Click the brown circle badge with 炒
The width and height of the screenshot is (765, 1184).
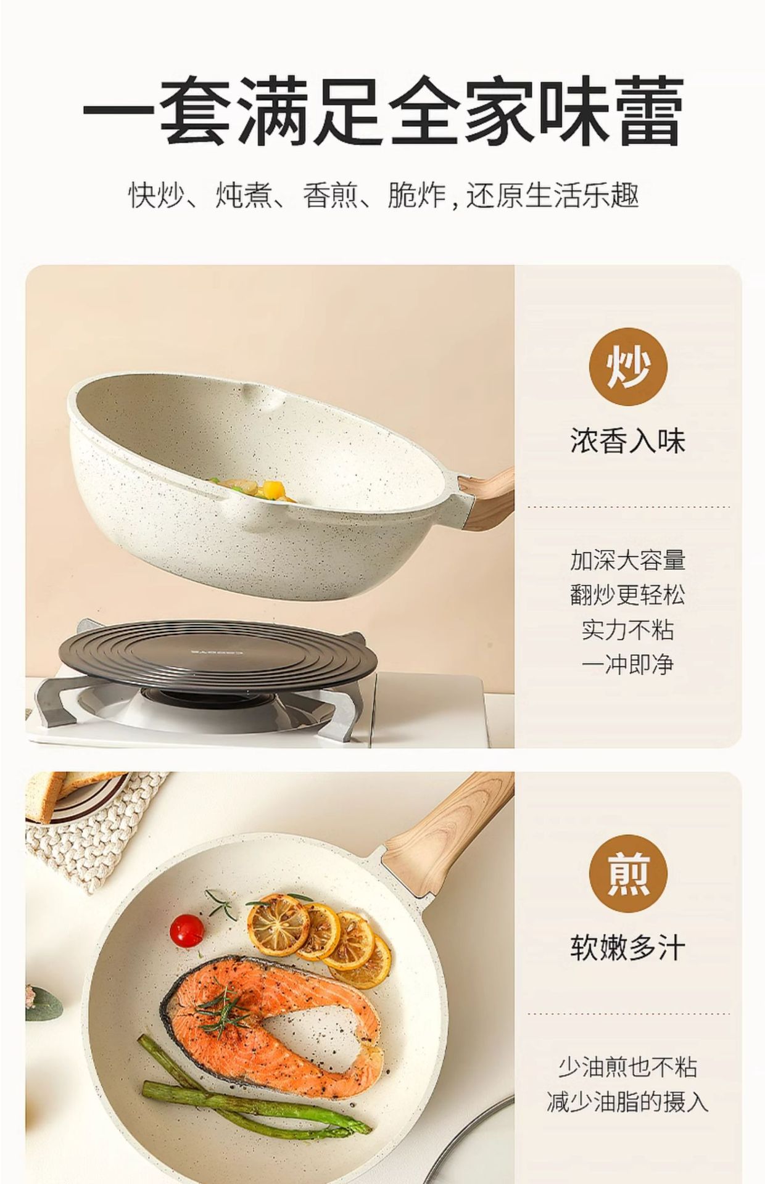point(628,366)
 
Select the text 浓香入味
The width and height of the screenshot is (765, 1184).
point(628,442)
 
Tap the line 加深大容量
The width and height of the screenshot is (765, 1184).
point(628,561)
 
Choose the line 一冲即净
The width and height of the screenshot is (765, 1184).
point(628,664)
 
